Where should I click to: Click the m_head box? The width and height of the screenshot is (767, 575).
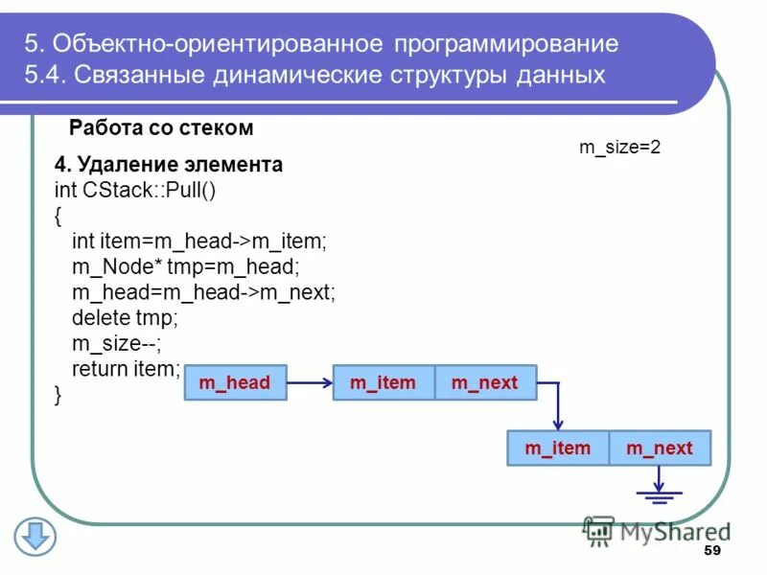234,383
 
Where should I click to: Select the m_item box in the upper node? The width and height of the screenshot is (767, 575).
383,383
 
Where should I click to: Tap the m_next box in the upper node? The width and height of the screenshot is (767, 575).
485,383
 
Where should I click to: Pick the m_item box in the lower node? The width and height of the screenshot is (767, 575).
558,448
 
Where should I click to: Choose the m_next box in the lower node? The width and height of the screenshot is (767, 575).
660,448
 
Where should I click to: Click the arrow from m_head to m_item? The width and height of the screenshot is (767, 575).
309,383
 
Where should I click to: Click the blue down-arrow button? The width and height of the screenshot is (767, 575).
35,536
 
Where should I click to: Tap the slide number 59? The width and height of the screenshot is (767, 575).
712,550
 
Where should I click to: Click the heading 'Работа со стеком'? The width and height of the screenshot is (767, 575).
161,127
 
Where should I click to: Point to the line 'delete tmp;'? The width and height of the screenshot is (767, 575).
125,317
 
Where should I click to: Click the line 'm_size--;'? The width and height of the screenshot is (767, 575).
117,343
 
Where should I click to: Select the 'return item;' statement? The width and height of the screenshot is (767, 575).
126,369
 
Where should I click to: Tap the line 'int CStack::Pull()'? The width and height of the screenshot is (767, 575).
135,190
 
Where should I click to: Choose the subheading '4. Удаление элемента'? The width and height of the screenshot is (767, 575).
169,165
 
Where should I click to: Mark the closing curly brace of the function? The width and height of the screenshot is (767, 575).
58,394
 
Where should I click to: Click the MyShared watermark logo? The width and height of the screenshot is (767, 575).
657,530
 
